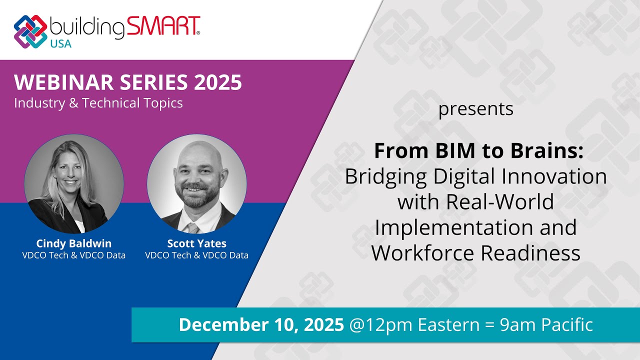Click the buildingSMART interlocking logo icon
pyautogui.click(x=31, y=31)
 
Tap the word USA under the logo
pyautogui.click(x=60, y=43)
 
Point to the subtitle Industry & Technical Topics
pyautogui.click(x=98, y=103)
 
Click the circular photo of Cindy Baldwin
pyautogui.click(x=74, y=186)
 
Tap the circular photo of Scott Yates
pyautogui.click(x=196, y=186)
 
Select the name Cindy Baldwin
pyautogui.click(x=74, y=243)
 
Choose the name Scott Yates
pyautogui.click(x=196, y=243)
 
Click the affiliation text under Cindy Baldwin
pyautogui.click(x=74, y=255)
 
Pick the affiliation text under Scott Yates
pyautogui.click(x=196, y=255)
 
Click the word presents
pyautogui.click(x=475, y=109)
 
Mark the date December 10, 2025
pyautogui.click(x=261, y=325)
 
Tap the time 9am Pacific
pyautogui.click(x=546, y=325)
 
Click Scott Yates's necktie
pyautogui.click(x=193, y=227)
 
